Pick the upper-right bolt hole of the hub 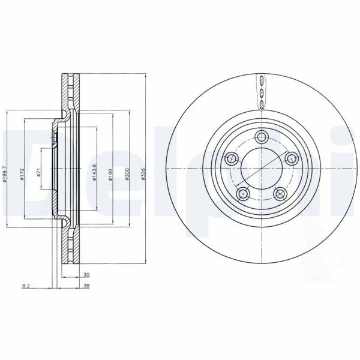pos(292,158)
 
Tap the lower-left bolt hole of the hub pos(242,193)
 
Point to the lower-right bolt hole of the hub pos(280,193)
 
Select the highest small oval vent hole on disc pos(261,80)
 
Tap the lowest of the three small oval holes pos(261,105)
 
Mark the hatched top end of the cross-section pos(68,81)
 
